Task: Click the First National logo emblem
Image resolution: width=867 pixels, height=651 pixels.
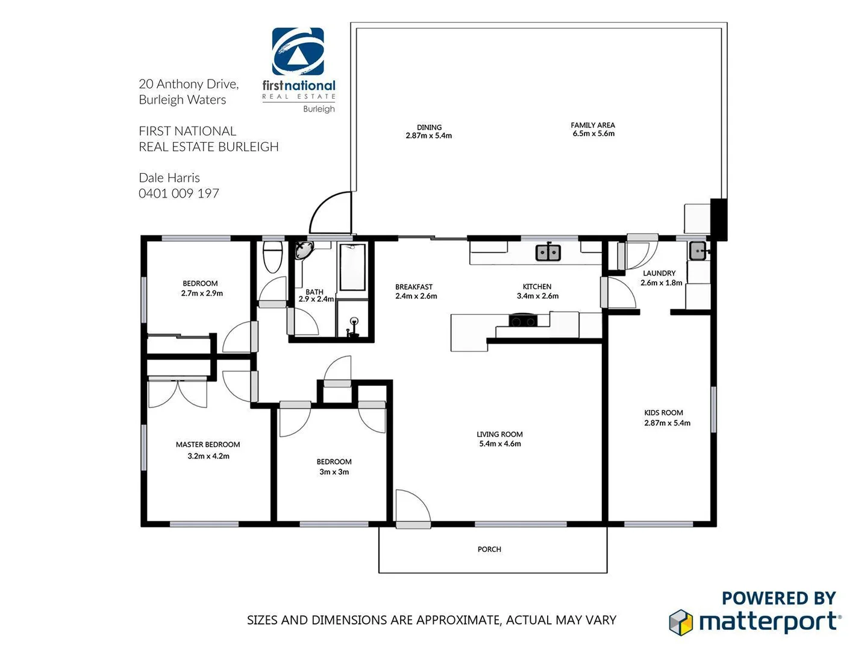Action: (298, 52)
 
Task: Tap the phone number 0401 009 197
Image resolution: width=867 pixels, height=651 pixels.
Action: (179, 193)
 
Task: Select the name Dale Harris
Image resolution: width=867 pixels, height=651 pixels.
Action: (169, 178)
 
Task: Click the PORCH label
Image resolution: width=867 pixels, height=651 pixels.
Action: (489, 549)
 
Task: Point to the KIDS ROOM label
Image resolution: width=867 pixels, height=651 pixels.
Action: (663, 413)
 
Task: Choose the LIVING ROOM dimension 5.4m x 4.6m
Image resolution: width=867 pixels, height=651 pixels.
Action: (500, 444)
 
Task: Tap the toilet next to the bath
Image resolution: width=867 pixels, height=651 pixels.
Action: (273, 257)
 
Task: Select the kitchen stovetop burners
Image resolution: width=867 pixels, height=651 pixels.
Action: (522, 321)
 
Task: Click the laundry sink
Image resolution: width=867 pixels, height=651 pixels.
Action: (698, 251)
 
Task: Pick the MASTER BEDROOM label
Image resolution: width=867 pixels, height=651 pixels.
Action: (208, 445)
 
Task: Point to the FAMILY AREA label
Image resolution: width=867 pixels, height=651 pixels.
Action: (593, 125)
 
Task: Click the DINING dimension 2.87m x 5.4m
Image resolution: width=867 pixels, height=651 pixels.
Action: (429, 136)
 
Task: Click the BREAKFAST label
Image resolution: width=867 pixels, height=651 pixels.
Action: (414, 287)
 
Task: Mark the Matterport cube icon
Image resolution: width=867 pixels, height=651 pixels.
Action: (681, 622)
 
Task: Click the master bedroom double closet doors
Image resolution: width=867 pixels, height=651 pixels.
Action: (178, 393)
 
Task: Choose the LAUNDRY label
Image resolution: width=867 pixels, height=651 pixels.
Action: (659, 273)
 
